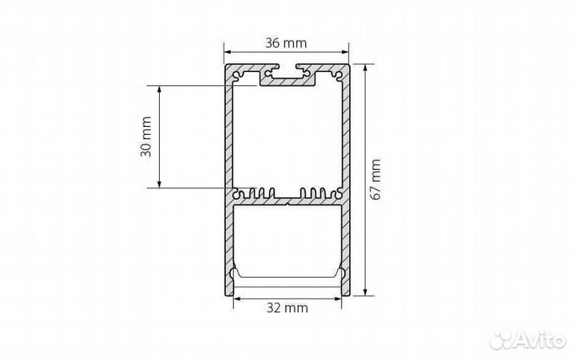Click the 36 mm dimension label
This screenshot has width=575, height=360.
286,43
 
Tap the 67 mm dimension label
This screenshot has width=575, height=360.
375,180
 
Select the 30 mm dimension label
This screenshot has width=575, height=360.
146,136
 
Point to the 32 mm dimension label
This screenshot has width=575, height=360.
287,308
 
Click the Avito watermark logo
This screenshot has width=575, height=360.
528,341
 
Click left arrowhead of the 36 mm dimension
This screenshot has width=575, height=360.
228,52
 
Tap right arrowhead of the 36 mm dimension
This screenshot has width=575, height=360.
346,52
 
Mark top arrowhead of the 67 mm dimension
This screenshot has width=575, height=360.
365,68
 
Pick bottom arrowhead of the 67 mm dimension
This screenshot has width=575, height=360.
365,292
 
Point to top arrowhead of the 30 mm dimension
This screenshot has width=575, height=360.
159,89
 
